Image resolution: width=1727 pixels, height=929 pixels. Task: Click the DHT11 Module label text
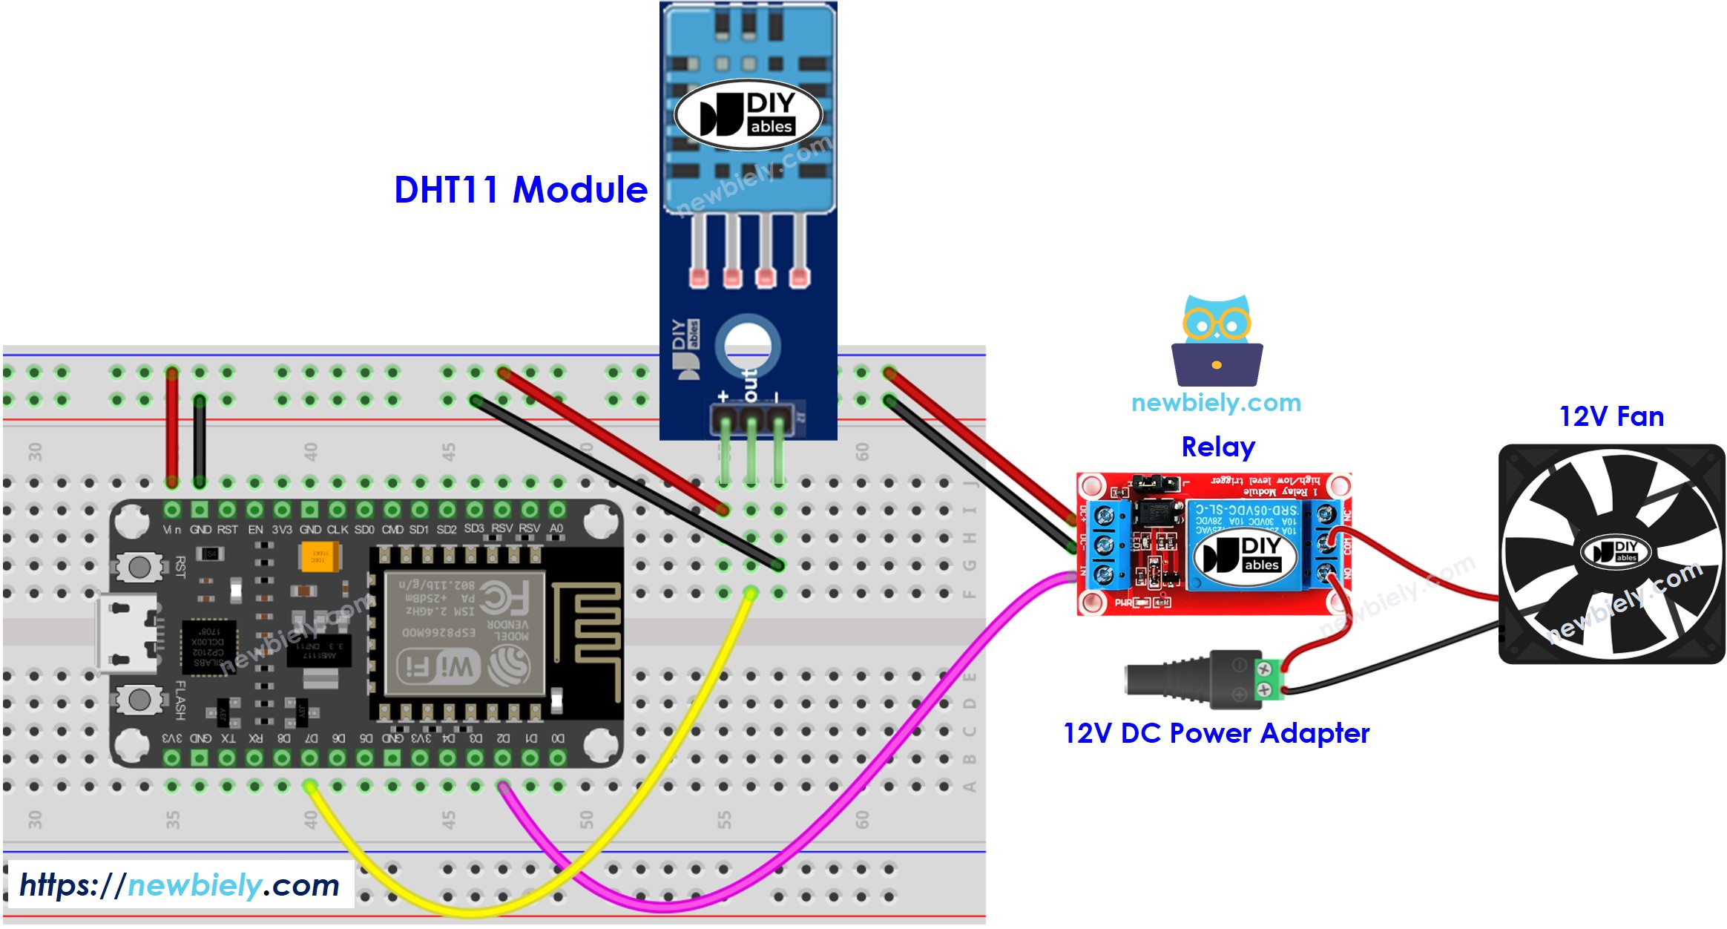pos(520,190)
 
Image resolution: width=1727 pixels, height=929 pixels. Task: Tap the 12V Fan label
pos(1611,416)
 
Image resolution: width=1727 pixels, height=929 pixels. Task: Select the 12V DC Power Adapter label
pos(1216,733)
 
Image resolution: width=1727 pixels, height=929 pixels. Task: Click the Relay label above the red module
pos(1217,447)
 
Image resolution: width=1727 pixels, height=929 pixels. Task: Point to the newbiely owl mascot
pos(1217,341)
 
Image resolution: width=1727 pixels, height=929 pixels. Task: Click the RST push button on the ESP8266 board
pos(139,568)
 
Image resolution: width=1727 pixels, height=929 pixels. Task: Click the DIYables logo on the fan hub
pos(1615,551)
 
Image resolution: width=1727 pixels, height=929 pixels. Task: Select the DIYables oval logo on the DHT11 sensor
pos(748,114)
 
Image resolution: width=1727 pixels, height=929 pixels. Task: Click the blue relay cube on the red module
pos(1244,546)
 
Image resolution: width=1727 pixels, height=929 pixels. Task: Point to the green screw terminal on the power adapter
pos(1268,679)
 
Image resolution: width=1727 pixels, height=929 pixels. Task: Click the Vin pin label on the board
pos(171,530)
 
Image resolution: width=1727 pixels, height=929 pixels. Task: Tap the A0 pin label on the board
pos(556,528)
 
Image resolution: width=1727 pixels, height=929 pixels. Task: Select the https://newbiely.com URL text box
pos(179,885)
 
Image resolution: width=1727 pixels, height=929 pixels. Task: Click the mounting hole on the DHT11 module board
pos(747,345)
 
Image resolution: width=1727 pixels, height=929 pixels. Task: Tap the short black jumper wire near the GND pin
pos(200,441)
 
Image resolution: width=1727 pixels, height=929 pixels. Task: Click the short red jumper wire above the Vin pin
pos(172,427)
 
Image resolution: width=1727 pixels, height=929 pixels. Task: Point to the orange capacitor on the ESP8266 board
pos(319,557)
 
